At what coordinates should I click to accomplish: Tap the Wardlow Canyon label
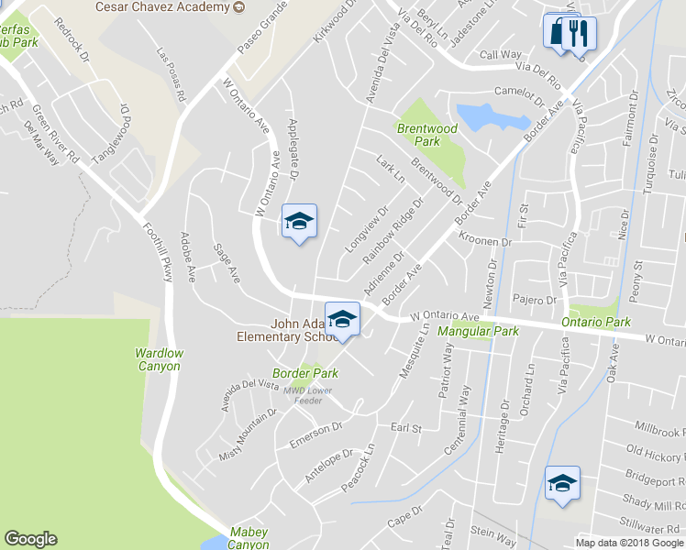[x=159, y=359]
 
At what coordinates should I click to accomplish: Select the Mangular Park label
[x=478, y=331]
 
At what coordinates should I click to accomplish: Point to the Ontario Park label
[x=598, y=323]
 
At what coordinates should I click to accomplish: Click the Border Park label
[x=305, y=373]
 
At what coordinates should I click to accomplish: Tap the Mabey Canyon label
[x=249, y=538]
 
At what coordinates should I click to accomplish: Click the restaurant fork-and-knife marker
[x=570, y=36]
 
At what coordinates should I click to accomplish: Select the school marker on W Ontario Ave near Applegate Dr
[x=299, y=221]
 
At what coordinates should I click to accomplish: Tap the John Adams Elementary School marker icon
[x=342, y=318]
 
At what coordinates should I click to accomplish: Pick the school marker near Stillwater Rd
[x=561, y=482]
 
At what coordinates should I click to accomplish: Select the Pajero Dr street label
[x=536, y=300]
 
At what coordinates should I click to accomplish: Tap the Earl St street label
[x=405, y=428]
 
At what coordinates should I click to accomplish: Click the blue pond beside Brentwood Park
[x=492, y=116]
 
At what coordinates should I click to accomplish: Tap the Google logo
[x=30, y=539]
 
